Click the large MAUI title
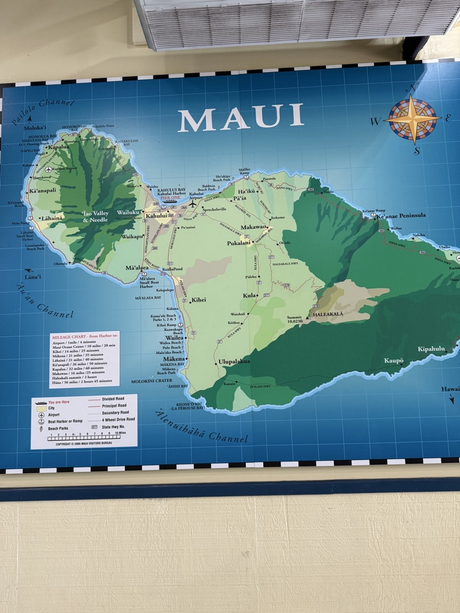pyautogui.click(x=240, y=118)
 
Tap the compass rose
pyautogui.click(x=412, y=119)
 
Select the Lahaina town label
pyautogui.click(x=52, y=218)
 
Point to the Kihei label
pyautogui.click(x=199, y=299)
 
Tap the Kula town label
pyautogui.click(x=250, y=296)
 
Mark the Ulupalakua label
pyautogui.click(x=234, y=361)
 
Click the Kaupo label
pyautogui.click(x=394, y=361)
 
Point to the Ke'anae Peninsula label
pyautogui.click(x=401, y=216)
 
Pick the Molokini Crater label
pyautogui.click(x=152, y=381)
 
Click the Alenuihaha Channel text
pyautogui.click(x=201, y=427)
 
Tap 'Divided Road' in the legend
pyautogui.click(x=114, y=399)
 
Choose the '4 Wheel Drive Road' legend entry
pyautogui.click(x=118, y=420)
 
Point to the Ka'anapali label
pyautogui.click(x=42, y=191)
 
